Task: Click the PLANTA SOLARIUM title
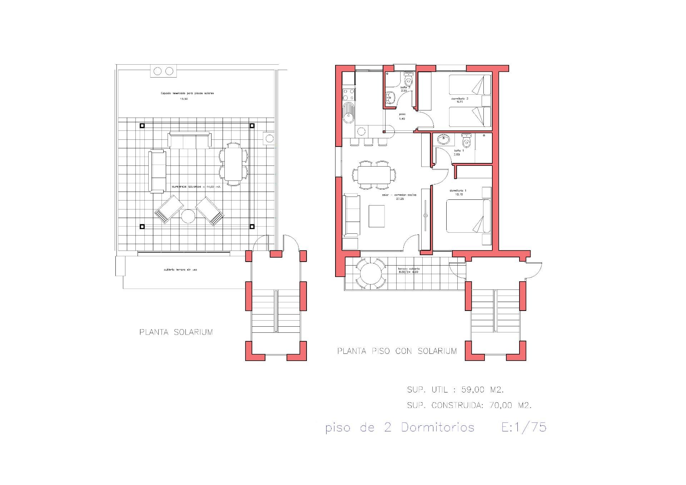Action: coord(176,332)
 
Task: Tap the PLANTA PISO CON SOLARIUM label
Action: coord(397,351)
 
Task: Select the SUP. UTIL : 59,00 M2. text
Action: coord(455,390)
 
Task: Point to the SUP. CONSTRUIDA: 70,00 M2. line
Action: coord(469,405)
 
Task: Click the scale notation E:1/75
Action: coord(524,427)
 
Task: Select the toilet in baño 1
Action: coord(466,142)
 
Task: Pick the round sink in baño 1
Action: coord(443,139)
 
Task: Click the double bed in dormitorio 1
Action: coord(468,216)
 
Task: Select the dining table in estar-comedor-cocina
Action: coord(374,175)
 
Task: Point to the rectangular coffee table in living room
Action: coord(377,216)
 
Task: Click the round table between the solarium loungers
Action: coord(188,216)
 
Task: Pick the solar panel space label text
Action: coord(187,93)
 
